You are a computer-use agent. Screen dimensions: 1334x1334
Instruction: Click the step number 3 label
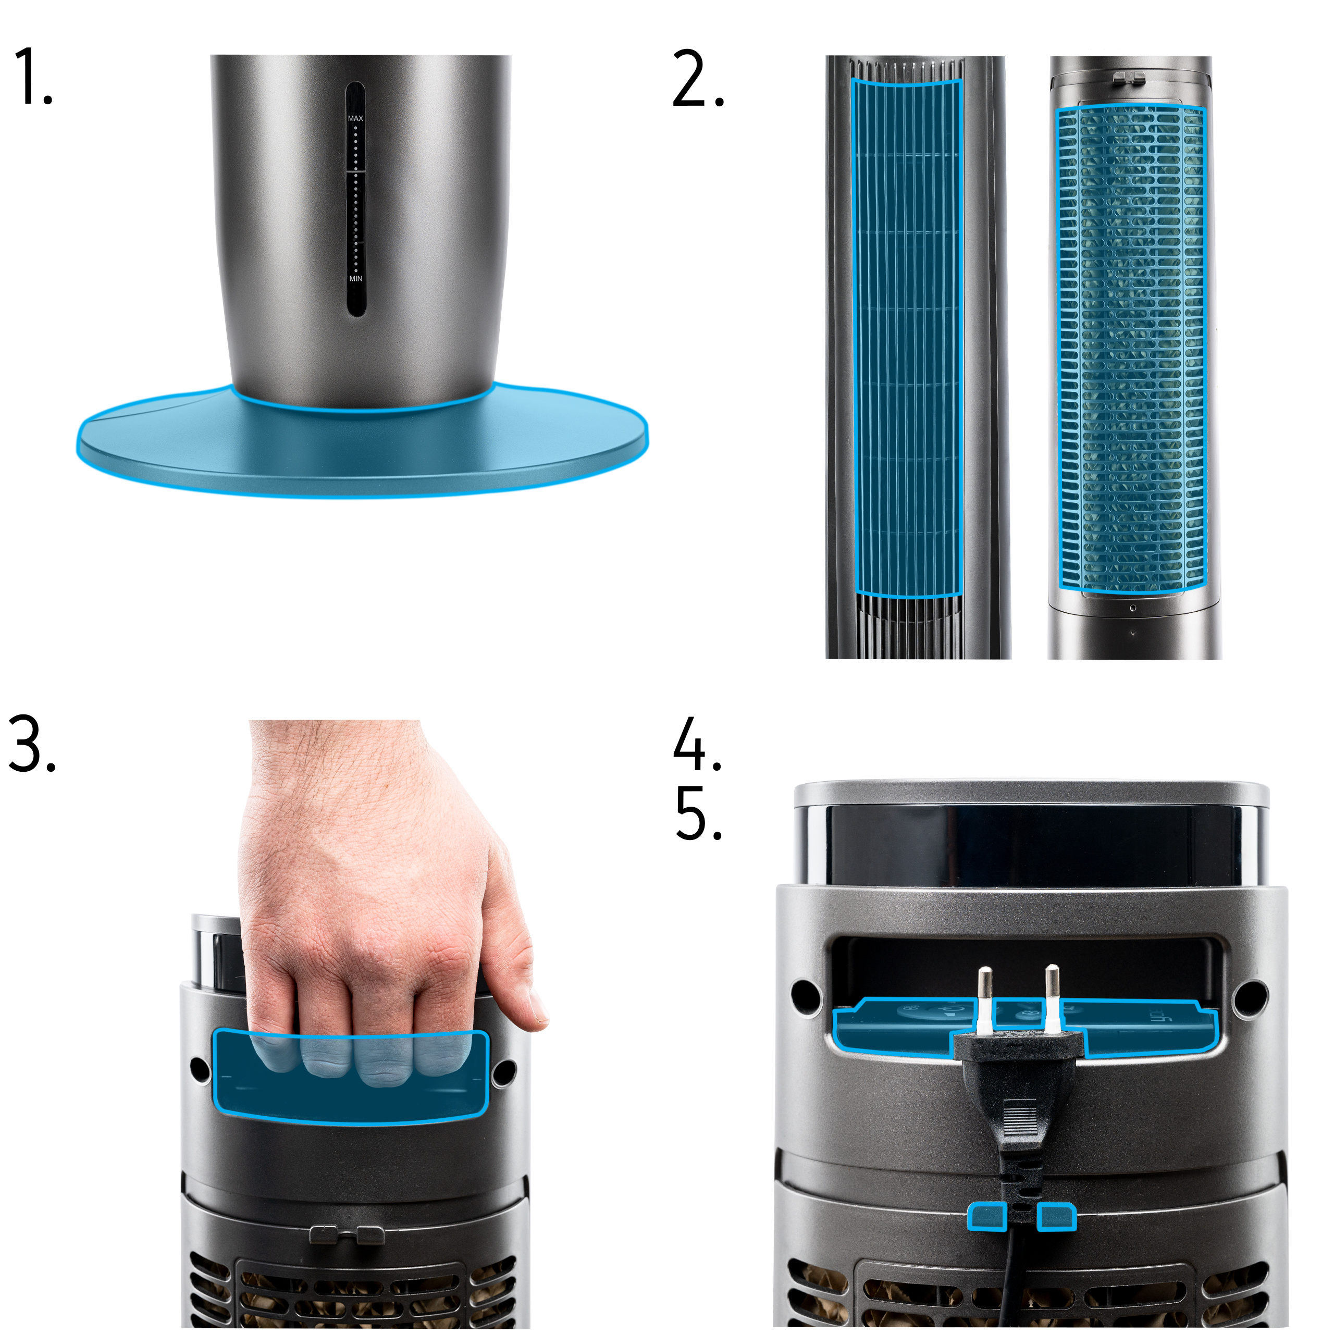click(x=31, y=744)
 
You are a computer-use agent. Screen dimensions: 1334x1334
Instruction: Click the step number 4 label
click(x=697, y=744)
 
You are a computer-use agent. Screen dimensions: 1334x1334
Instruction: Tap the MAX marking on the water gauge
click(x=355, y=119)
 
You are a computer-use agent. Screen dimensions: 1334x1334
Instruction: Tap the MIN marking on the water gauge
click(x=355, y=279)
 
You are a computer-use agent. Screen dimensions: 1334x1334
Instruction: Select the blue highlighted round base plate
click(x=363, y=442)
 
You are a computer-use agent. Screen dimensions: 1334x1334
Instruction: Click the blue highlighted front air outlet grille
click(x=907, y=337)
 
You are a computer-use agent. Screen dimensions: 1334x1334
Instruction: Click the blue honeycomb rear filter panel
click(x=1131, y=349)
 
